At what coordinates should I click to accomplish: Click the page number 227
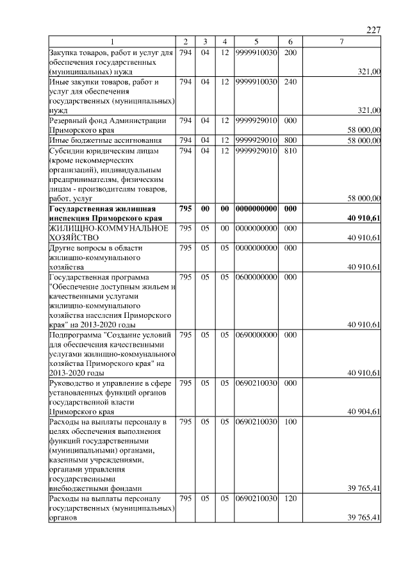[373, 30]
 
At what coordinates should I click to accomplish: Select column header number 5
[256, 42]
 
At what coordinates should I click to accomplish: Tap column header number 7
[341, 42]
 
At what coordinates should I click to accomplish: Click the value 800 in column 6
[290, 140]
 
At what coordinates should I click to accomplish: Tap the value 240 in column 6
[290, 82]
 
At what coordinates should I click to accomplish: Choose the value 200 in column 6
[290, 51]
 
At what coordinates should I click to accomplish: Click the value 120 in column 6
[290, 498]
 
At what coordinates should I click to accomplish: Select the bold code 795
[185, 209]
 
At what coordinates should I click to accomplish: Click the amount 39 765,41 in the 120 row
[364, 517]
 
